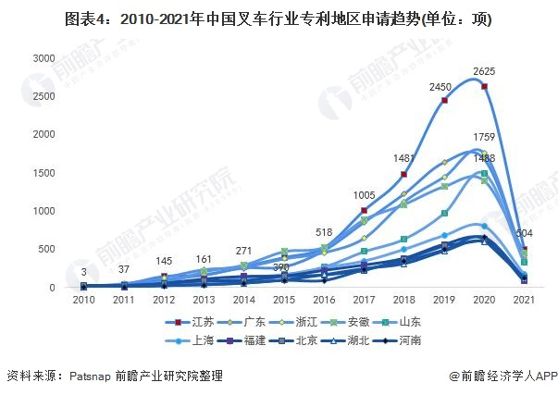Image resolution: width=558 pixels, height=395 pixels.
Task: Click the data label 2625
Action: tap(482, 71)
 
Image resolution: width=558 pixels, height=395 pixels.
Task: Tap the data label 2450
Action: tap(440, 86)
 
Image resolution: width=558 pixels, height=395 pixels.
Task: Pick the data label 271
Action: tap(243, 251)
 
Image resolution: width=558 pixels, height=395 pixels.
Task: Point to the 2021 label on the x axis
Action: tap(524, 301)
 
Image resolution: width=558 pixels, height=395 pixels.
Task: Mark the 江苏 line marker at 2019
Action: tap(444, 100)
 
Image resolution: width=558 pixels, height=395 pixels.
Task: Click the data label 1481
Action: tap(404, 158)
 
